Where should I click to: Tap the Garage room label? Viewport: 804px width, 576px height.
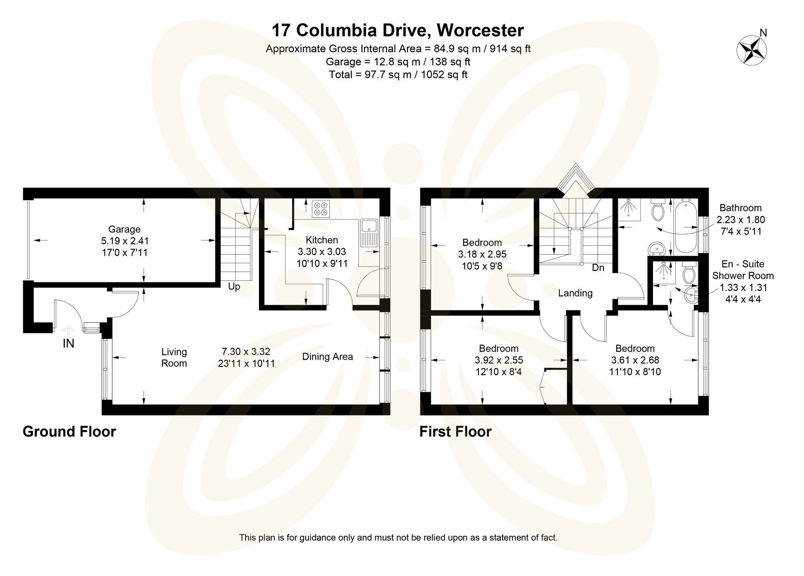[x=124, y=229]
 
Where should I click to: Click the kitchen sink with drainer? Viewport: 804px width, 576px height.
[x=368, y=233]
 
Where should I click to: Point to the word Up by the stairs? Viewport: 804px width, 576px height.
[x=234, y=287]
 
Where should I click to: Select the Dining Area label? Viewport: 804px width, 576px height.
[x=327, y=357]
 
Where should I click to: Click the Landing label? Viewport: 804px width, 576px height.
[x=575, y=293]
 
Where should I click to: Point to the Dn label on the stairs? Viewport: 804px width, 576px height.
[x=598, y=268]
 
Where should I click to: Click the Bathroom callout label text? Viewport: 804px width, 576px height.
[x=740, y=208]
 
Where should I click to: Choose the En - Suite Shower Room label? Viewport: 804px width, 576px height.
[x=743, y=270]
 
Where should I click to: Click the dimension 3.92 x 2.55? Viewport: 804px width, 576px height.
[x=498, y=360]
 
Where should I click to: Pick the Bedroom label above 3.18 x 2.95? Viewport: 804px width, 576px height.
[x=482, y=243]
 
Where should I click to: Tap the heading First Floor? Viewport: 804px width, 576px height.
[x=455, y=432]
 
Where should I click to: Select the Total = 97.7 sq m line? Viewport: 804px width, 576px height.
[x=398, y=75]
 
